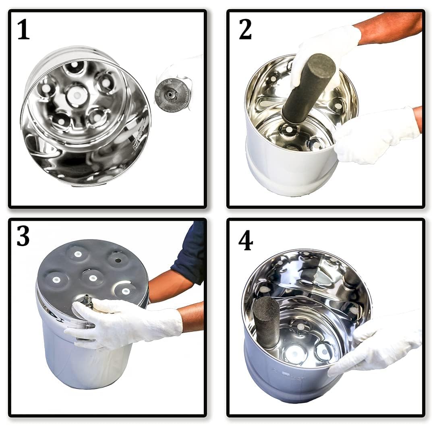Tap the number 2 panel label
[x=245, y=29]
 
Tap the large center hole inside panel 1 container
[x=77, y=95]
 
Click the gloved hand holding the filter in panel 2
[x=322, y=48]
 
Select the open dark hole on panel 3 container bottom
[x=118, y=260]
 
